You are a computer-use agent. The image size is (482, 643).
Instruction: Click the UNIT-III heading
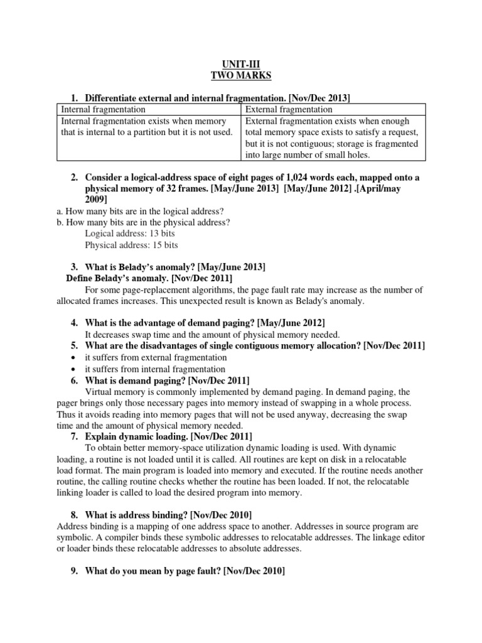tap(241, 63)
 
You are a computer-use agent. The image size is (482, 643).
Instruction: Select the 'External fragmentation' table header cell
tap(289, 109)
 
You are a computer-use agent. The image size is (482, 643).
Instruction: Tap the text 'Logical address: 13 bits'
tap(130, 233)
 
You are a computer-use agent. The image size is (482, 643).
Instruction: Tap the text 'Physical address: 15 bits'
tap(132, 245)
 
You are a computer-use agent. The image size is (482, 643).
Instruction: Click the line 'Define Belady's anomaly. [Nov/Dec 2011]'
tap(149, 278)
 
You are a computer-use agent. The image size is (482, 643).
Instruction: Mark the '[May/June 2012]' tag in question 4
tap(290, 323)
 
